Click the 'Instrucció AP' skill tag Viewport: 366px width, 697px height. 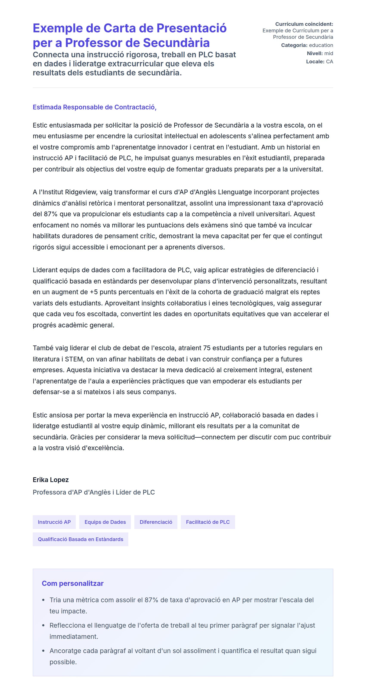[54, 522]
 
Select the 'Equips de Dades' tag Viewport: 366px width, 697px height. [105, 522]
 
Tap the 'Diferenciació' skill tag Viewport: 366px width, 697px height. [156, 522]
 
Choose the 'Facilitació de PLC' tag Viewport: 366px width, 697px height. [208, 522]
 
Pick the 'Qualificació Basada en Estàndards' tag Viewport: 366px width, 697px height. [80, 539]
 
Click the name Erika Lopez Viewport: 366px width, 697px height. [51, 480]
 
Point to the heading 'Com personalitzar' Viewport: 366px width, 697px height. [73, 583]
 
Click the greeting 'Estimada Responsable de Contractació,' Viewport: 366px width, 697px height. [95, 107]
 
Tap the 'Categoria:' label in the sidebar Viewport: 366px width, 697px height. [294, 45]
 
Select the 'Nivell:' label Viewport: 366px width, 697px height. [315, 53]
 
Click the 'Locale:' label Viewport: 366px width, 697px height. [315, 61]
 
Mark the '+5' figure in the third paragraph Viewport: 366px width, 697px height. [94, 292]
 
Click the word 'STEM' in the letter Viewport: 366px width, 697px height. [74, 359]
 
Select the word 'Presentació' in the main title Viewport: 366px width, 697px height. [192, 28]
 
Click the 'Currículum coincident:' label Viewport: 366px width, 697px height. [304, 24]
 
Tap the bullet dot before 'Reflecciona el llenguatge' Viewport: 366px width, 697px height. [43, 625]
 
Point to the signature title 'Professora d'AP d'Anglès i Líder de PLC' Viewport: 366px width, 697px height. [94, 492]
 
